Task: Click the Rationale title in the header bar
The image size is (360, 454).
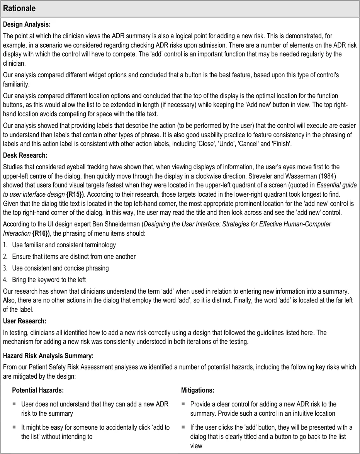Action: (20, 9)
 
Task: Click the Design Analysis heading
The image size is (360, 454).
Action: (27, 24)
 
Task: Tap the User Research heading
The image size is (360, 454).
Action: (25, 321)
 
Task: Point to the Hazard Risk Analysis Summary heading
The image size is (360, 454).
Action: (48, 355)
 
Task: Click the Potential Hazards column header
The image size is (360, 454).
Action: (38, 391)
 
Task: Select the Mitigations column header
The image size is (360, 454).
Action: (197, 391)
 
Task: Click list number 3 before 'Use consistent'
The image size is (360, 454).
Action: (5, 268)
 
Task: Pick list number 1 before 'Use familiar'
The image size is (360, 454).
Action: (5, 245)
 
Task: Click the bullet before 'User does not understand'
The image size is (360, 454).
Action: (14, 404)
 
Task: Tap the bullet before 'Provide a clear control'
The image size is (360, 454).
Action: (183, 404)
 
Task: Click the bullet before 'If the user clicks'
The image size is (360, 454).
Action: (183, 427)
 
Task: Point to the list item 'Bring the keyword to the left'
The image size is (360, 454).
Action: (49, 279)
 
